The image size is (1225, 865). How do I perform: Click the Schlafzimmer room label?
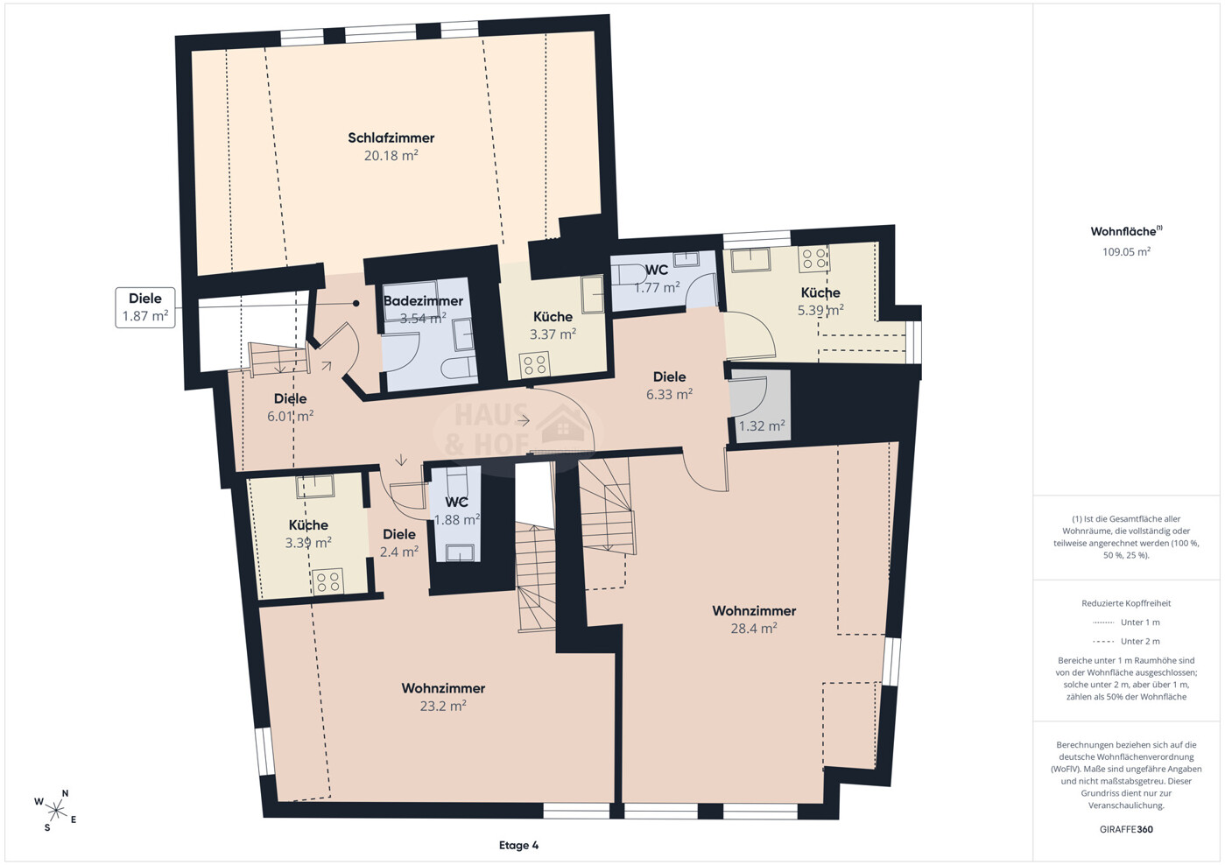[x=391, y=137]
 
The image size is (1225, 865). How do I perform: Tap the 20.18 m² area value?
[x=391, y=156]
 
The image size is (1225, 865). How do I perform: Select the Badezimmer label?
[x=423, y=300]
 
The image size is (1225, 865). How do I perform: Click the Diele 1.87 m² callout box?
[x=145, y=307]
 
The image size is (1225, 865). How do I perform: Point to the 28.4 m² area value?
[x=754, y=629]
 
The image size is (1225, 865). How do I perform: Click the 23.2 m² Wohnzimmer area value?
[x=443, y=706]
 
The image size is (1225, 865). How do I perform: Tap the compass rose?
[x=55, y=810]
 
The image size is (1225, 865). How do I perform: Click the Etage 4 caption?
[x=518, y=846]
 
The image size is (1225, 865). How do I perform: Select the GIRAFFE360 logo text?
[x=1126, y=829]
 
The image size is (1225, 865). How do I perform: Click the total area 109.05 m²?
[x=1126, y=252]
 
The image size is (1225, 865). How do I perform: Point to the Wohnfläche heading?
[x=1126, y=231]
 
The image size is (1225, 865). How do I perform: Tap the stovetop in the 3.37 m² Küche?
[x=535, y=365]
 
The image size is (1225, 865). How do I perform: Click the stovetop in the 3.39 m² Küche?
[x=327, y=581]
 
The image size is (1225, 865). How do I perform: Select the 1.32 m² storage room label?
[x=762, y=425]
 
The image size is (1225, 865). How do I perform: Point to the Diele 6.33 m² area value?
[x=669, y=394]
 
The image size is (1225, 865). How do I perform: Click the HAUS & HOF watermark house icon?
[x=563, y=428]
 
